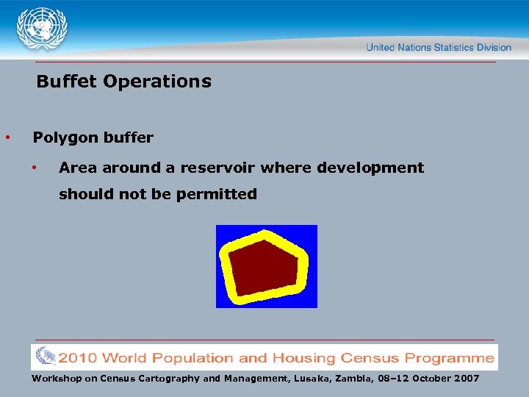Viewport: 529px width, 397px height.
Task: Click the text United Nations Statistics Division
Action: point(439,47)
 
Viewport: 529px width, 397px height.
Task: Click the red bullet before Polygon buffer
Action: point(7,137)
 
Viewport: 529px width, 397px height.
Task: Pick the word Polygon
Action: point(62,138)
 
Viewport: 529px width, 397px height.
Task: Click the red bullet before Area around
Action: point(34,168)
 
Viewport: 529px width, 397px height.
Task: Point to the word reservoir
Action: point(219,168)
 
